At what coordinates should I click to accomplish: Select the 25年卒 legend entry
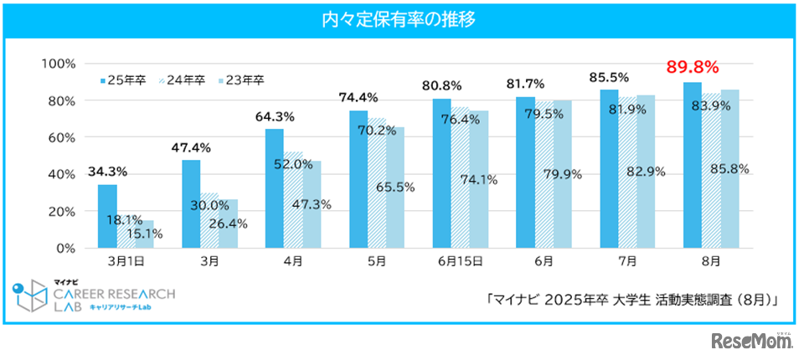[x=123, y=80]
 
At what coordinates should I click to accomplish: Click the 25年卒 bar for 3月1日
[x=107, y=216]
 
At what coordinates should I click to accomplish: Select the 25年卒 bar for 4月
[x=274, y=188]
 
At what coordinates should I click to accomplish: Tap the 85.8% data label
[x=729, y=169]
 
